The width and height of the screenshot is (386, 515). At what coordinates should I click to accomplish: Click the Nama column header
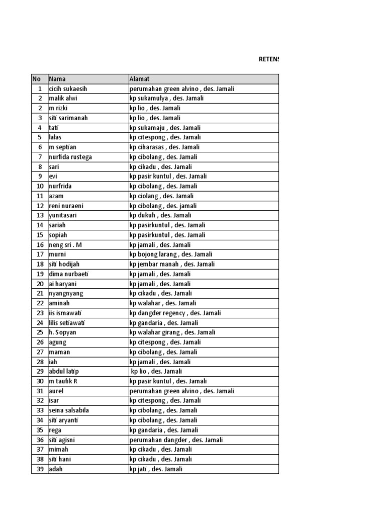[57, 79]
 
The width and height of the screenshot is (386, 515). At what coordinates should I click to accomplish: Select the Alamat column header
[139, 79]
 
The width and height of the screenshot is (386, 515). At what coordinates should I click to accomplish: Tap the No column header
[36, 79]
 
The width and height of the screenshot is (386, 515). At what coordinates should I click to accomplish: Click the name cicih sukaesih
[68, 89]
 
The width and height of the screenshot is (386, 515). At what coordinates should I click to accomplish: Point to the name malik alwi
[63, 99]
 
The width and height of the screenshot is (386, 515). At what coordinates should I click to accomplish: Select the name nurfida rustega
[70, 157]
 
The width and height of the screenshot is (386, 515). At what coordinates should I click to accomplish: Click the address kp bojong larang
[170, 254]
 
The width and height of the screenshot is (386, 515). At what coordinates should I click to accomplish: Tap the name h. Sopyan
[63, 332]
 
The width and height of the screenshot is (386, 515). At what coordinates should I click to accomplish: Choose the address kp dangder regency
[175, 313]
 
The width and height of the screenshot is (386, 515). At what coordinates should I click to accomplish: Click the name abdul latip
[64, 371]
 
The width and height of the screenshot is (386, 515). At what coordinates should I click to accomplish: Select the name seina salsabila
[69, 410]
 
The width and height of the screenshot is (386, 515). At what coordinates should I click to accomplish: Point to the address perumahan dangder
[176, 440]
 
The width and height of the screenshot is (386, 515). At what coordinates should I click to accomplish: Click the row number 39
[39, 469]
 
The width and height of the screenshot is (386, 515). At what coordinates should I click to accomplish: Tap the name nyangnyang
[66, 293]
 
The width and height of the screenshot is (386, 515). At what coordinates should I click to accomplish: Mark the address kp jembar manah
[172, 264]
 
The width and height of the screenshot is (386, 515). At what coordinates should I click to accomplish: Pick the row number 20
[39, 284]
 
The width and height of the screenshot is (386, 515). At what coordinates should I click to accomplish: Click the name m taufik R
[63, 381]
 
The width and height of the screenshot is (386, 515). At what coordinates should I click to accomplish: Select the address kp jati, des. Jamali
[156, 469]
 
